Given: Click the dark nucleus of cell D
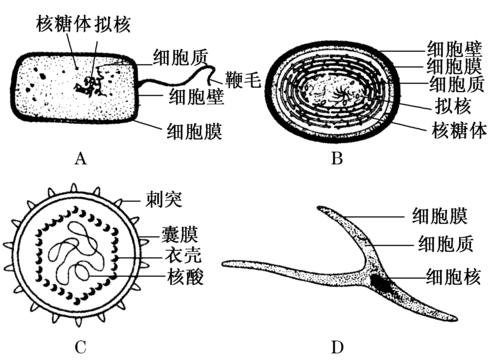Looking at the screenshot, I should point(383,286).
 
